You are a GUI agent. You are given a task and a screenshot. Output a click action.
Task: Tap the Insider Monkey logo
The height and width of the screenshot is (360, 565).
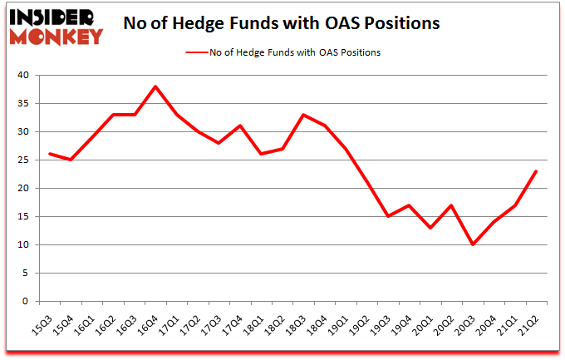56,23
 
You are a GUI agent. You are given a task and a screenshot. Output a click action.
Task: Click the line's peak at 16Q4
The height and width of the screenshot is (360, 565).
155,86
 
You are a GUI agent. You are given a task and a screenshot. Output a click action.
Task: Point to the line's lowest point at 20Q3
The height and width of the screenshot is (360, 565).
473,244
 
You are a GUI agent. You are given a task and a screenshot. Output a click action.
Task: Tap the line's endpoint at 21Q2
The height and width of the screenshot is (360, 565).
536,171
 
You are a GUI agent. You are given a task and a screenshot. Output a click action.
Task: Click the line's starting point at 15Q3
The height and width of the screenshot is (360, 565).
50,154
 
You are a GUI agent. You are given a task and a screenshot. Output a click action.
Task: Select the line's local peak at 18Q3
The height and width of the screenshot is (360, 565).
303,115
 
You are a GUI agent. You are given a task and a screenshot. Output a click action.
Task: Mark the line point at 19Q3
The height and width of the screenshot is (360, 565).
388,216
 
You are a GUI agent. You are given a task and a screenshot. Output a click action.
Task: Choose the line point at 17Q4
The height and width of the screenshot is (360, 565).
240,126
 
